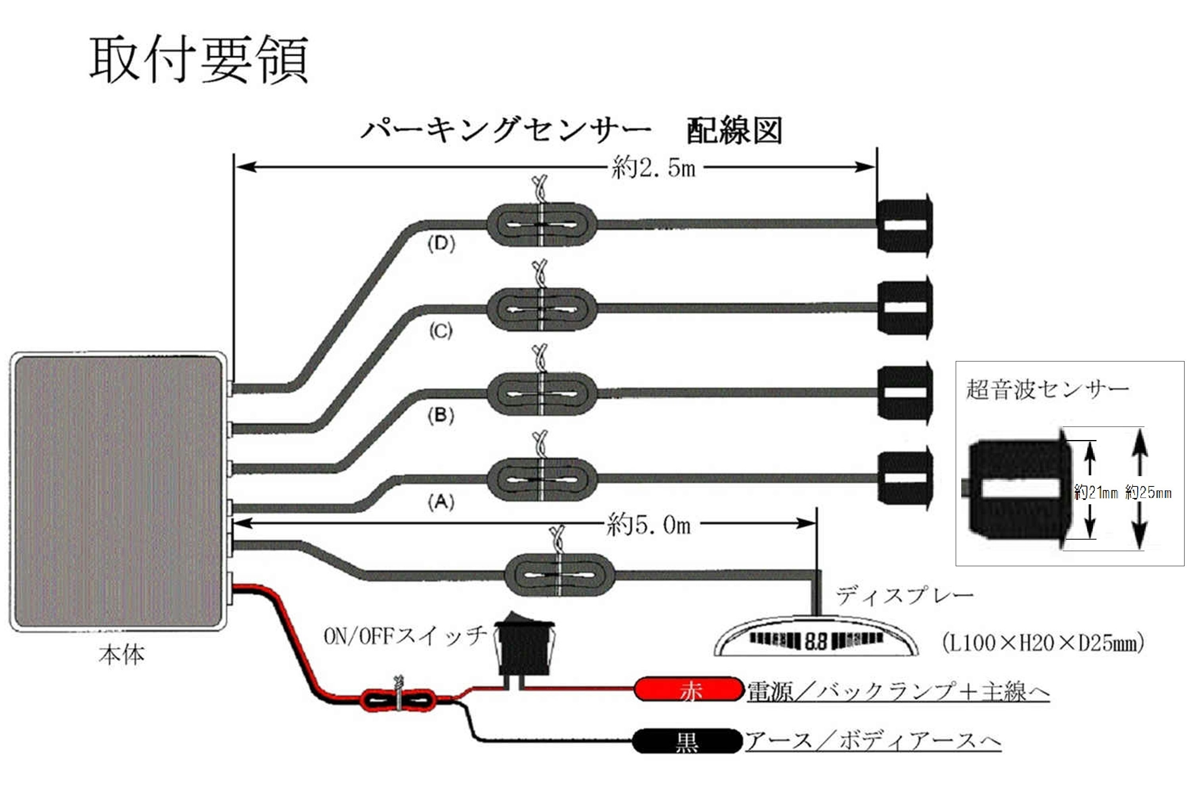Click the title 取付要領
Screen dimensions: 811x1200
point(199,60)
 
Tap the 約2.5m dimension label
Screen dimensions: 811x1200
point(653,168)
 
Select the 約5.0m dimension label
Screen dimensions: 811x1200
point(648,525)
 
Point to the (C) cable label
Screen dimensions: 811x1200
point(441,331)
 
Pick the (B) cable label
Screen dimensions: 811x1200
point(441,415)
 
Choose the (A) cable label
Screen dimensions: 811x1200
point(441,501)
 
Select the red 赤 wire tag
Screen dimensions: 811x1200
point(689,690)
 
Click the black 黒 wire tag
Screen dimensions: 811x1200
point(687,742)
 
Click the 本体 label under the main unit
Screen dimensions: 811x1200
point(121,655)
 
